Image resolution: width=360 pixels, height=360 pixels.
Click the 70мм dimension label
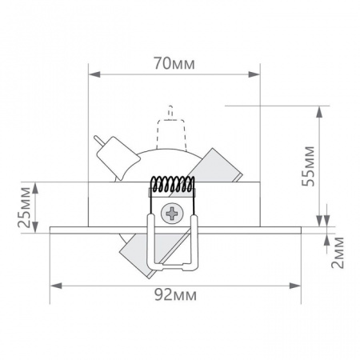(x=174, y=64)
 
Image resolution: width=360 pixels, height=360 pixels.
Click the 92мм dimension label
(x=176, y=295)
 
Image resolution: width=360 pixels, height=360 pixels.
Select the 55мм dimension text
(x=308, y=166)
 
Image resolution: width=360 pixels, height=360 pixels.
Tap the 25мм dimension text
(x=24, y=207)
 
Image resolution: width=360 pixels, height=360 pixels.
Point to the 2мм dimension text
(x=338, y=253)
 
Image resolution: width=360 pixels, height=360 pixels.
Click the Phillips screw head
(x=172, y=214)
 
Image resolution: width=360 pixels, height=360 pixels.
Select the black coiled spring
(x=172, y=184)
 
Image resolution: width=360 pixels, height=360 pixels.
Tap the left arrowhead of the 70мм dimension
(x=94, y=74)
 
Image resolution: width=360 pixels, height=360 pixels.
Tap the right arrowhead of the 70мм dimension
(x=254, y=74)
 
